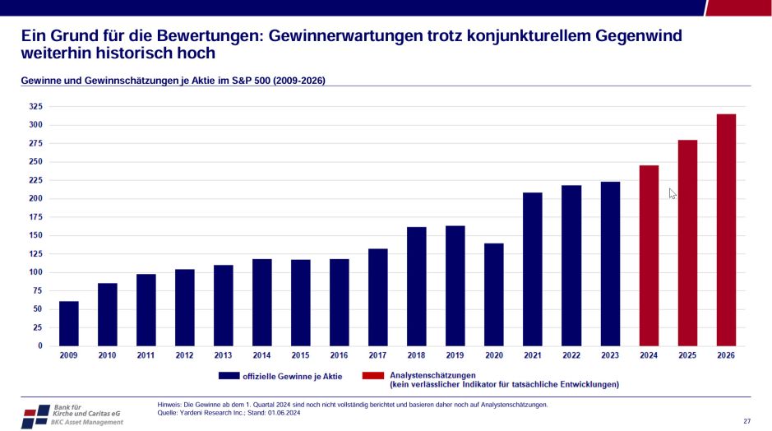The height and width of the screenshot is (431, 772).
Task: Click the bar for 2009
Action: coord(69,323)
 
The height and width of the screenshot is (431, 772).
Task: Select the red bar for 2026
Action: coord(726,230)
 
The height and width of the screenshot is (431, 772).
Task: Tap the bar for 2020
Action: coord(494,294)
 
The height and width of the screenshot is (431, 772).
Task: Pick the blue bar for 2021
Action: coord(533,269)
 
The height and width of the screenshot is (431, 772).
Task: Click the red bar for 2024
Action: coord(649,256)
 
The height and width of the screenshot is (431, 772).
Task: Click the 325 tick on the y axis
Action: coord(35,107)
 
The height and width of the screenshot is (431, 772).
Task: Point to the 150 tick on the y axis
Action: coord(35,236)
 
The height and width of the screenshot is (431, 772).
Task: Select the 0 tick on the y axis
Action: coord(39,346)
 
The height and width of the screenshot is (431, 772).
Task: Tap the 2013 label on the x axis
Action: coord(223,356)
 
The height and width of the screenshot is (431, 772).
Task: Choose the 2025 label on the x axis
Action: coord(687,356)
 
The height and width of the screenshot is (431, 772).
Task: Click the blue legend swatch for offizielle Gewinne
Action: coord(228,376)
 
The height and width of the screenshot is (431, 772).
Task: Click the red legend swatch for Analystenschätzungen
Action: coord(374,376)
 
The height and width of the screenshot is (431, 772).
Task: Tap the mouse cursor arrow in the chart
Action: coord(672,193)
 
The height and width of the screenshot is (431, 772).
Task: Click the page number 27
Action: coord(747,421)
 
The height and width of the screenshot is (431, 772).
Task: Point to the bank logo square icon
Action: coord(35,415)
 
